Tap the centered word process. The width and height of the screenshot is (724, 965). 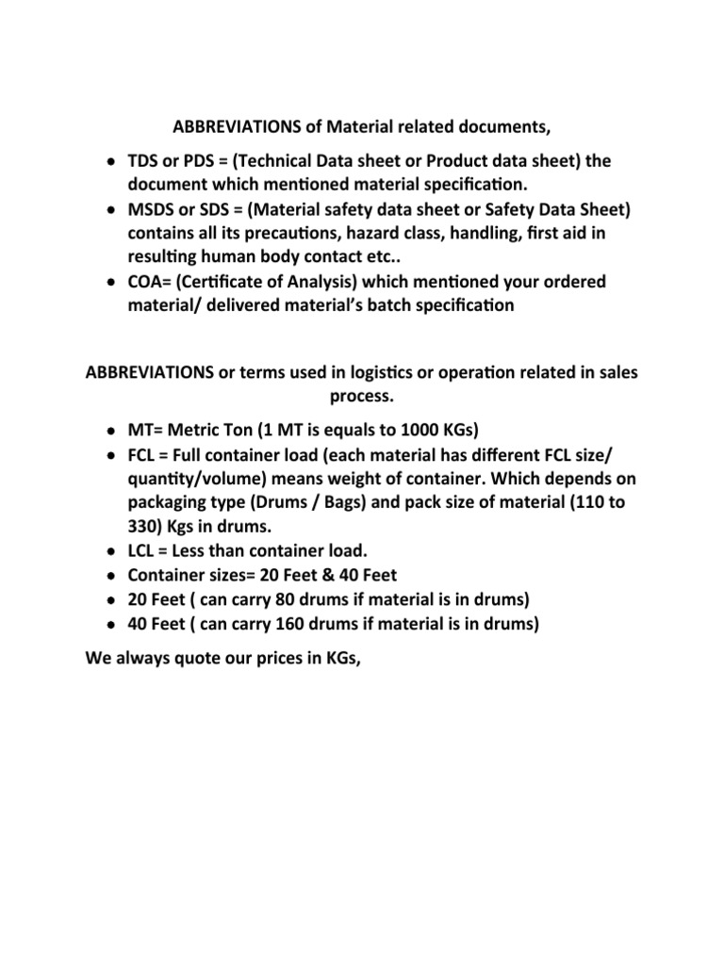361,396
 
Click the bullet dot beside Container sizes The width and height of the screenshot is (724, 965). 112,576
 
